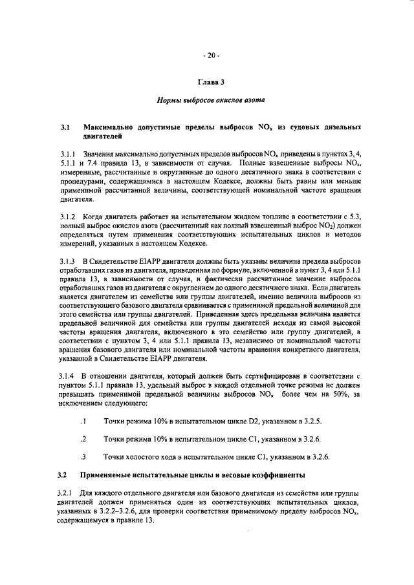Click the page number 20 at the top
[211, 56]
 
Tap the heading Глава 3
[210, 83]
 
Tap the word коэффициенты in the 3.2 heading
[275, 475]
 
